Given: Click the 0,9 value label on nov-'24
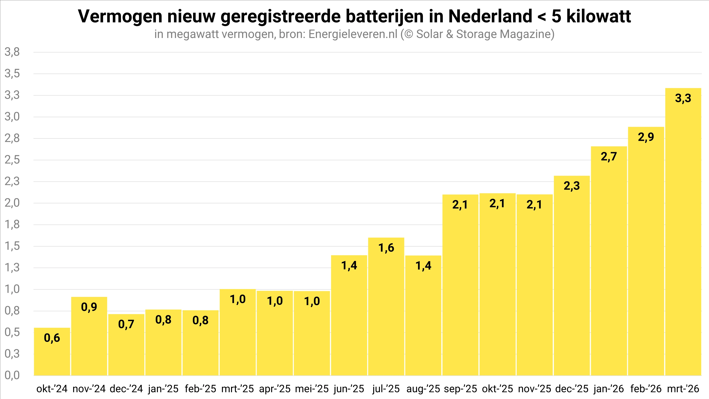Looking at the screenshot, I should pos(89,307).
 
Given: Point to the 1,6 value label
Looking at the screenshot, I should pos(386,248).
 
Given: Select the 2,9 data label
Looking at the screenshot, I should pos(646,137).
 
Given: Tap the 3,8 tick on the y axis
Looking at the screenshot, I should pos(12,52).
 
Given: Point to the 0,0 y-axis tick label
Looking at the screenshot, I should pos(12,375).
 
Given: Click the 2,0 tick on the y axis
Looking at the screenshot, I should pos(12,203).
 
